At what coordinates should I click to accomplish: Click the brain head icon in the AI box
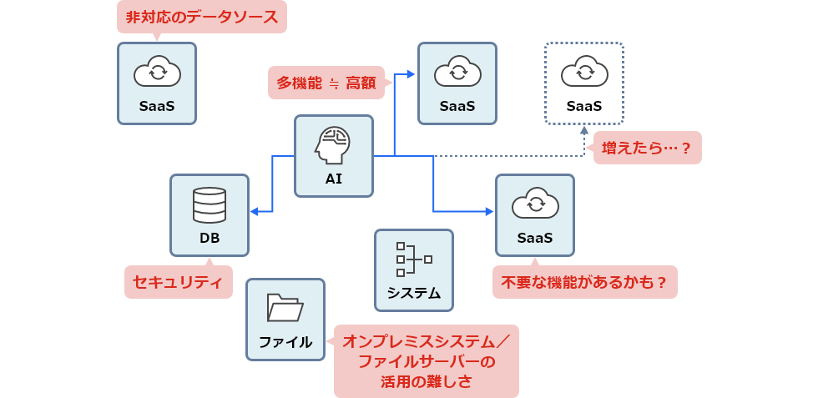tap(333, 144)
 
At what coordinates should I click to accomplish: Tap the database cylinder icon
tap(209, 204)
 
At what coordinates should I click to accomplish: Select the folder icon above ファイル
tap(285, 308)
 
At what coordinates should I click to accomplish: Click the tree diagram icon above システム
tap(413, 259)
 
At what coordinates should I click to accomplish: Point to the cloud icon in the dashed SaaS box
tap(583, 72)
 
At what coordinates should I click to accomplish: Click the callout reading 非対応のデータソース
tap(201, 17)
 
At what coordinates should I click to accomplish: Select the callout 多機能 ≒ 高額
tap(326, 83)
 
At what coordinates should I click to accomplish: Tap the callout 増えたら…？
tap(647, 148)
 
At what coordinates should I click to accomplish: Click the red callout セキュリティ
tap(178, 282)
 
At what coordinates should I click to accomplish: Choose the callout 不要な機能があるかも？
tap(584, 282)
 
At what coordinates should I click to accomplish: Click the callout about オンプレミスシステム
tap(426, 360)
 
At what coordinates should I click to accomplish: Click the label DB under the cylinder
tap(209, 239)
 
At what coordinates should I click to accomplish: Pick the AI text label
tap(333, 179)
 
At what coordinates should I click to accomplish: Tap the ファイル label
tap(285, 342)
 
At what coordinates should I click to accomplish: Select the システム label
tap(413, 293)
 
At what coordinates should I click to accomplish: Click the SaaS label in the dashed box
tap(583, 106)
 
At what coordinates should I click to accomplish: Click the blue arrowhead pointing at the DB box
tap(255, 210)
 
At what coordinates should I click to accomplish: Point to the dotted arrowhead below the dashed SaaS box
tap(584, 130)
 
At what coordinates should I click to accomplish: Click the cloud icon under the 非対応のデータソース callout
tap(157, 72)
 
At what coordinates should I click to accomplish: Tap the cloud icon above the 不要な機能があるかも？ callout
tap(534, 204)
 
